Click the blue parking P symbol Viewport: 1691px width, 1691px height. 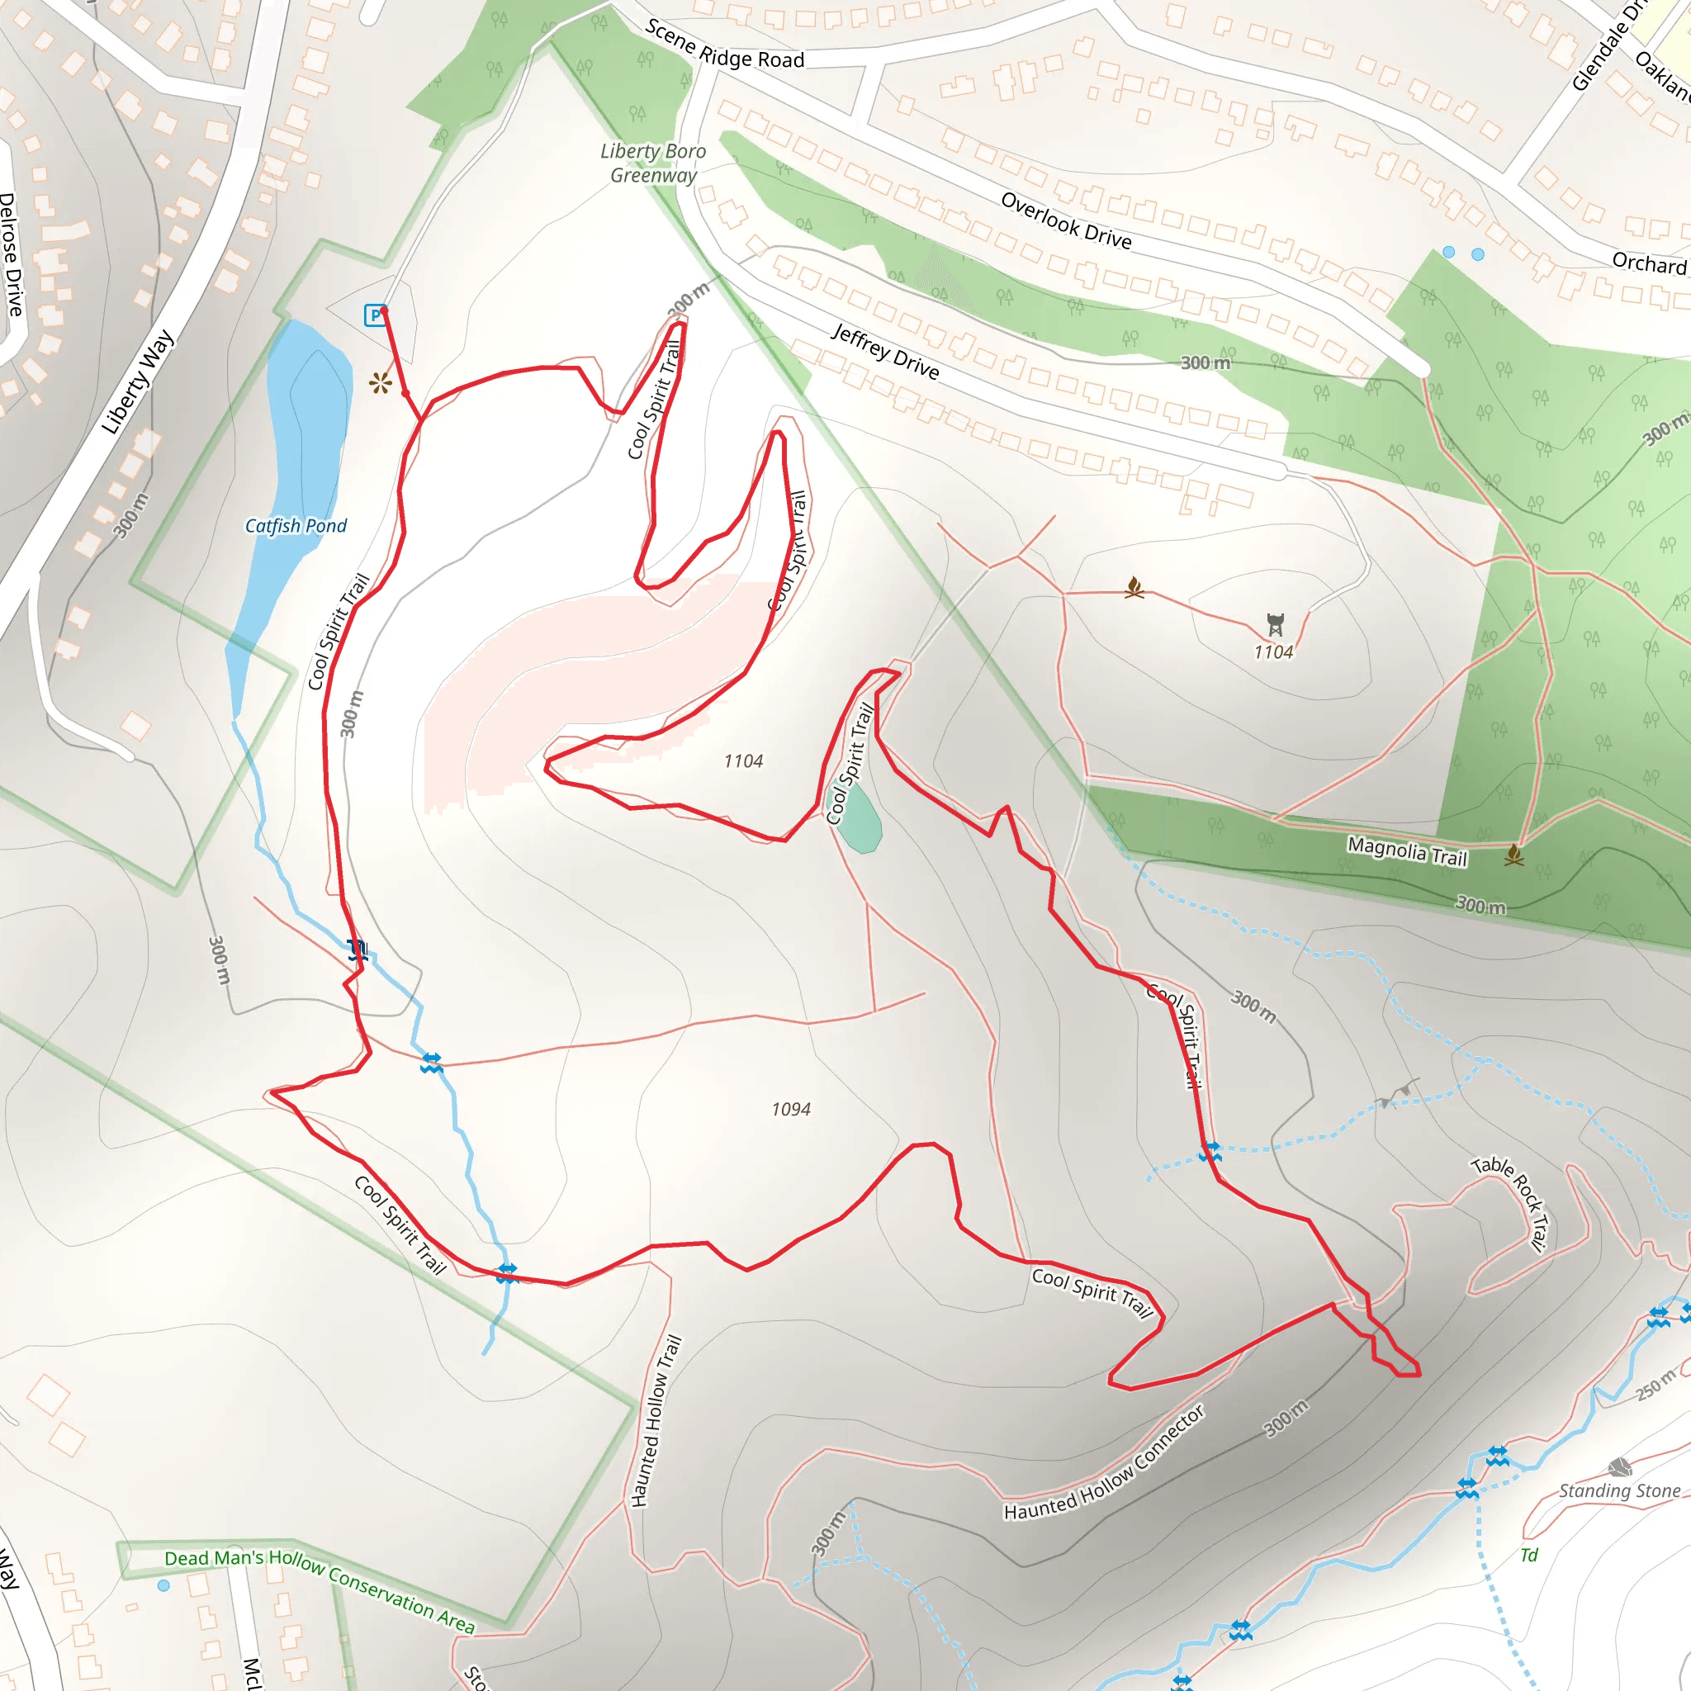pyautogui.click(x=375, y=315)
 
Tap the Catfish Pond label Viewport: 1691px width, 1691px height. pyautogui.click(x=295, y=526)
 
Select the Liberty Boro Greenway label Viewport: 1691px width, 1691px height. pyautogui.click(x=653, y=163)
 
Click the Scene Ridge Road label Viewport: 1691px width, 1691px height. pyautogui.click(x=725, y=45)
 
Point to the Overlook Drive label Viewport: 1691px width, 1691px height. pyautogui.click(x=1066, y=220)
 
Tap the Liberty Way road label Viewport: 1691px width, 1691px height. pyautogui.click(x=137, y=381)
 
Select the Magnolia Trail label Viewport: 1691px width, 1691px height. pyautogui.click(x=1406, y=850)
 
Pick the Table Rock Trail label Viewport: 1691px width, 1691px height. pyautogui.click(x=1512, y=1202)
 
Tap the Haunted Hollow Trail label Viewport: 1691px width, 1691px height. pyautogui.click(x=656, y=1422)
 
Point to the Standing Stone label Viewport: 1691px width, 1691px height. pyautogui.click(x=1619, y=1490)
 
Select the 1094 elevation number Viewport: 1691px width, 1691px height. pyautogui.click(x=790, y=1110)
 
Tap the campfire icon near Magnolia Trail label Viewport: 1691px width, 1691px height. pyautogui.click(x=1514, y=855)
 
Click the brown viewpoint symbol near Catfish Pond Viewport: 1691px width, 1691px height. pyautogui.click(x=380, y=382)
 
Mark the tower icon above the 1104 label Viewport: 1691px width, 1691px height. pyautogui.click(x=1275, y=624)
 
